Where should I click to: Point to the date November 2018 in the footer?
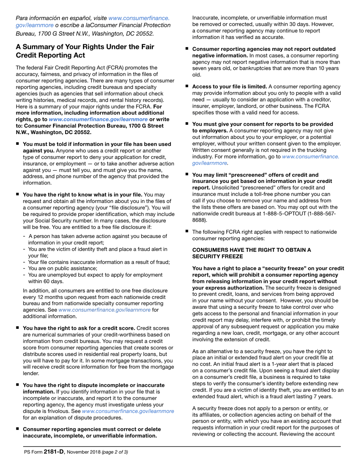click(x=79, y=452)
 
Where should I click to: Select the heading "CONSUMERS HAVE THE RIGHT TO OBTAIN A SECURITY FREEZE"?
click(x=252, y=253)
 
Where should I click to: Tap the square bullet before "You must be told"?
click(x=17, y=144)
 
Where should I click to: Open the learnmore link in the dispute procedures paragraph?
click(x=128, y=411)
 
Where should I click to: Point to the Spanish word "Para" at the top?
click(x=22, y=18)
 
